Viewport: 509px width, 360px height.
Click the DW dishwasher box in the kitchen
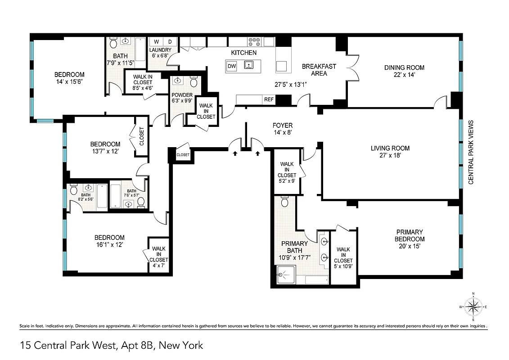click(x=232, y=67)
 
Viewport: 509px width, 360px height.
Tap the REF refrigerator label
click(x=269, y=99)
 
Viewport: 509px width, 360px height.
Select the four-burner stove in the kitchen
click(x=254, y=42)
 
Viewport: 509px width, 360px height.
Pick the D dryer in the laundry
click(x=170, y=42)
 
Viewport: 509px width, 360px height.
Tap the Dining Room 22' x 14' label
click(x=404, y=71)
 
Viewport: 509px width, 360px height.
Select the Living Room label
click(x=390, y=152)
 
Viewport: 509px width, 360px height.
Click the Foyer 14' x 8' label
click(x=282, y=129)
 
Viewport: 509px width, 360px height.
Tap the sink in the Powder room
click(x=178, y=82)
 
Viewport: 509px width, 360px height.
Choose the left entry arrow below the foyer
click(x=235, y=153)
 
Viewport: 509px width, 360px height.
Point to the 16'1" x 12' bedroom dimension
click(x=109, y=245)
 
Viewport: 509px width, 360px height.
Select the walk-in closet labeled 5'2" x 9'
click(x=287, y=172)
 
